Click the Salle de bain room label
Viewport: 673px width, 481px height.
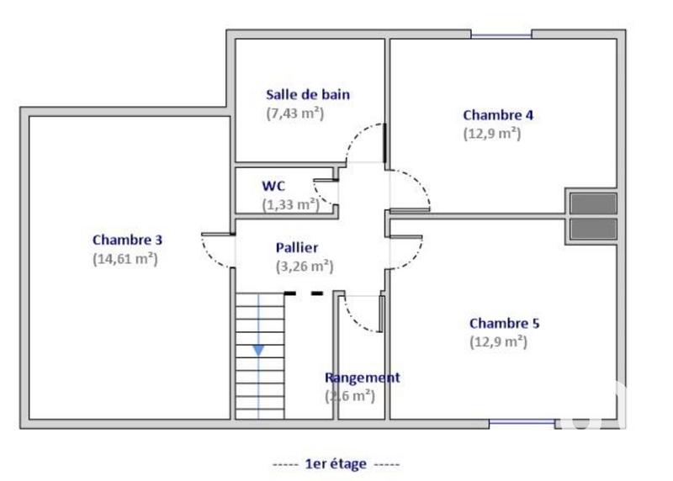308,94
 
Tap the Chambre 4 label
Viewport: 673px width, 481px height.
498,114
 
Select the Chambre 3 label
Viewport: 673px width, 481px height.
127,239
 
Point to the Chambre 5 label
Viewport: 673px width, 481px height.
504,323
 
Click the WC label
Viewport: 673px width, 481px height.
273,185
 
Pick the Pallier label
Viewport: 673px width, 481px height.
297,247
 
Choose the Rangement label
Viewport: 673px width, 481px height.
363,378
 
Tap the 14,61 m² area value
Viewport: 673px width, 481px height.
125,259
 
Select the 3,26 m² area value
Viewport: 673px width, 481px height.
305,267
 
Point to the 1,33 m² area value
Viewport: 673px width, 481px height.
289,203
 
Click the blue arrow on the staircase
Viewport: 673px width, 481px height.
258,348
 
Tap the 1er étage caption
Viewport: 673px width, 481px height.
336,463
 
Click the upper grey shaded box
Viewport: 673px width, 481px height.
593,203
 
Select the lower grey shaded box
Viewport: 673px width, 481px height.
593,229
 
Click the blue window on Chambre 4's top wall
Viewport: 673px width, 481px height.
501,34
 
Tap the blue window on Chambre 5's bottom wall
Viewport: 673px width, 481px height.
522,422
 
